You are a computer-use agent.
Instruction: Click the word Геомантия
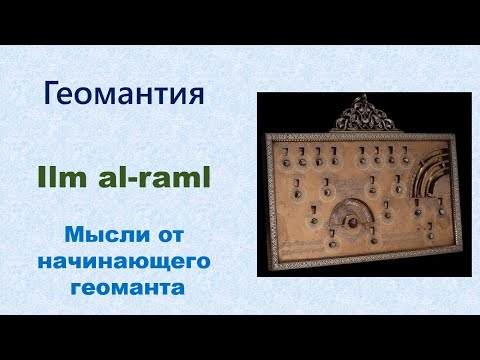click(x=126, y=95)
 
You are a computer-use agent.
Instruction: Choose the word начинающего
click(x=127, y=262)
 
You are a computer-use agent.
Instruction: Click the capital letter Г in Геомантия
click(x=55, y=95)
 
